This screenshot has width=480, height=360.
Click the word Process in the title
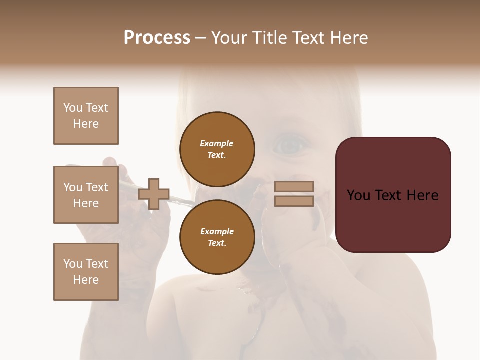point(157,37)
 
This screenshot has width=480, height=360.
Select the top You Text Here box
point(86,116)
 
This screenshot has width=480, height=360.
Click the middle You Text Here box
point(86,195)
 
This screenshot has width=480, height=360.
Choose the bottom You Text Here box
point(86,272)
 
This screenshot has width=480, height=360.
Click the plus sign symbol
point(154,194)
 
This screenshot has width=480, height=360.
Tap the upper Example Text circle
point(217,149)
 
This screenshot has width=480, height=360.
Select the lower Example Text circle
point(217,237)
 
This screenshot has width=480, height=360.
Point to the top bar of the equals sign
point(294,186)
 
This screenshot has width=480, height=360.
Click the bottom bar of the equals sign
point(294,201)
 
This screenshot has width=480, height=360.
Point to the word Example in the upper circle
point(217,143)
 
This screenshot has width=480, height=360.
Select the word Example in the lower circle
point(217,231)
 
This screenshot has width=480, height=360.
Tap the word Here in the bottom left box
point(86,280)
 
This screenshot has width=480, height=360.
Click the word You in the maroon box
point(358,195)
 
